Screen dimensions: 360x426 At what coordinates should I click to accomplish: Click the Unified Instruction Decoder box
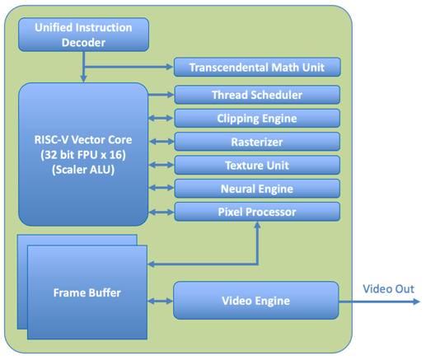(x=83, y=35)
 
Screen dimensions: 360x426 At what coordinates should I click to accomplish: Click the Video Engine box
(x=255, y=301)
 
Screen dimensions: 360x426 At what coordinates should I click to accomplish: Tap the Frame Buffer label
(x=87, y=292)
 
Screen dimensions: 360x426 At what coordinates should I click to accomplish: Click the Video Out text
(x=389, y=288)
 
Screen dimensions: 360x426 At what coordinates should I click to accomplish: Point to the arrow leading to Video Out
(x=379, y=302)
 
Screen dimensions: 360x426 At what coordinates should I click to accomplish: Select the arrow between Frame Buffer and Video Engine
(x=160, y=301)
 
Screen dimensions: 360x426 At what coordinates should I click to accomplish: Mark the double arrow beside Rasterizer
(x=162, y=142)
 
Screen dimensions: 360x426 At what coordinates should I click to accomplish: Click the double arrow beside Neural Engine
(x=162, y=189)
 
